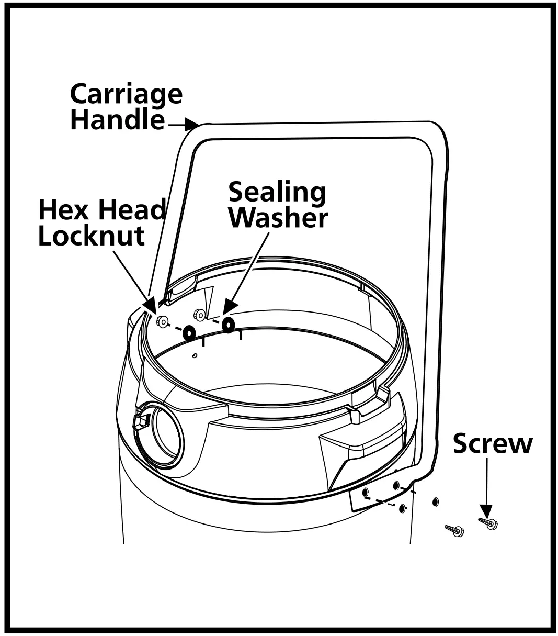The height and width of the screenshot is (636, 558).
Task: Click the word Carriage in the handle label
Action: [126, 95]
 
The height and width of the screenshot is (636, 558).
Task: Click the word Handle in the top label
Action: [117, 120]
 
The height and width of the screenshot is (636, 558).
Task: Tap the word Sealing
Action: [277, 192]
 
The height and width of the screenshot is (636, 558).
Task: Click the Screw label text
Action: [492, 443]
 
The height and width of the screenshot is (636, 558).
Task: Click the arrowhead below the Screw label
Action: [486, 511]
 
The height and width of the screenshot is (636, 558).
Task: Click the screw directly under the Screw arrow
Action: [488, 522]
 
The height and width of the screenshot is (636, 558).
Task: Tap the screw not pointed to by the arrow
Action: [455, 531]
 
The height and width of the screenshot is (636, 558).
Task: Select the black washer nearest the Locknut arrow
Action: [188, 332]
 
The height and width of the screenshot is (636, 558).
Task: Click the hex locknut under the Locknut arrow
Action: [162, 322]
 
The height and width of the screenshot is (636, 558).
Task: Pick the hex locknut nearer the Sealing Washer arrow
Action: [199, 315]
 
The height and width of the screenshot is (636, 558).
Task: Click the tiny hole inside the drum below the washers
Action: [195, 356]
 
